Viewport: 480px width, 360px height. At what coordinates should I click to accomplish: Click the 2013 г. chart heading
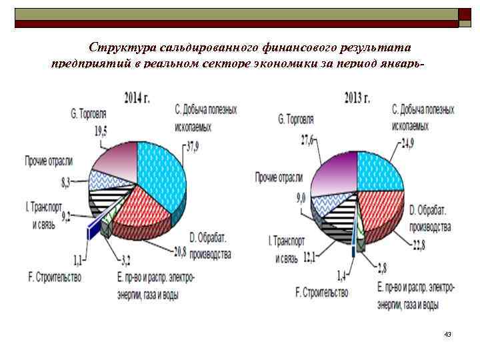(x=357, y=98)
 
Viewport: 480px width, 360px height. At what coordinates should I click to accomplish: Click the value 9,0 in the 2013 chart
(x=301, y=197)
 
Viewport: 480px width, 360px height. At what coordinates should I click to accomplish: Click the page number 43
(x=447, y=334)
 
